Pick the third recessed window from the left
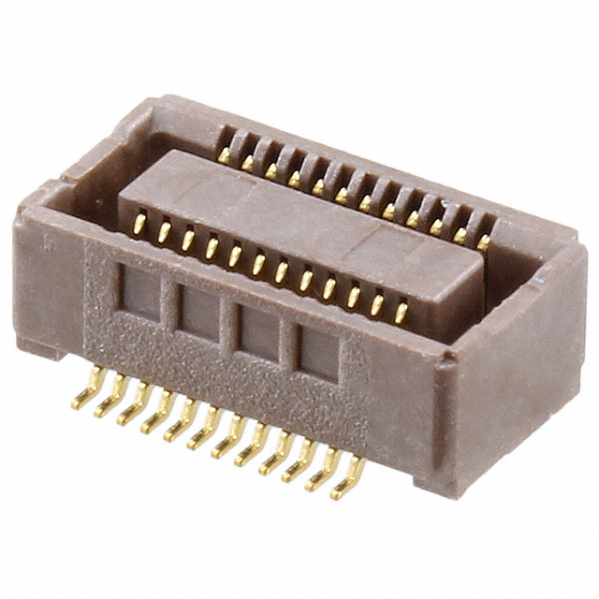[x=256, y=333]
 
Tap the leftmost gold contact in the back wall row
[x=225, y=155]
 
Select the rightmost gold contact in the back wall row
[x=483, y=241]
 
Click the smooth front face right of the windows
[x=393, y=412]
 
